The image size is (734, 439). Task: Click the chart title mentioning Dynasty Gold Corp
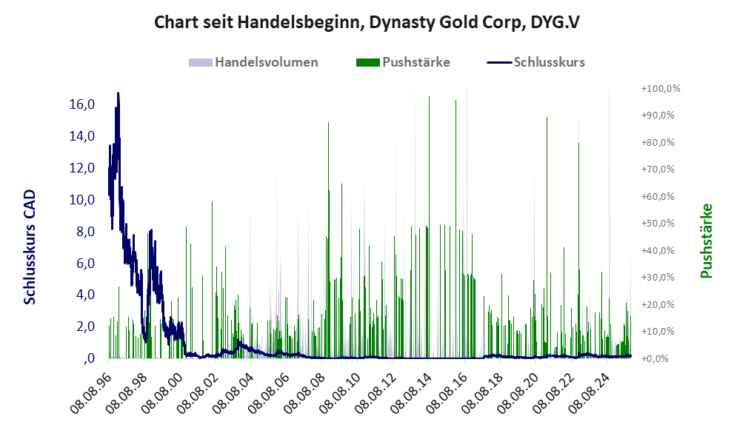(367, 22)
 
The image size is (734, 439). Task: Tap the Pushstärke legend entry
(416, 62)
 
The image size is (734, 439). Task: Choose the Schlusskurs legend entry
(548, 62)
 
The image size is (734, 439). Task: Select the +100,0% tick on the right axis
(660, 89)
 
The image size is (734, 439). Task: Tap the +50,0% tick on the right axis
(660, 224)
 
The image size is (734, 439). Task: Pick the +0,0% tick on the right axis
(660, 359)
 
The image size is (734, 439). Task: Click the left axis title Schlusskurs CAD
(30, 247)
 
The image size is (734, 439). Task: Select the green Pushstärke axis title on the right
(706, 241)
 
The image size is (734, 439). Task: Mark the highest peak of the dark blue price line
(118, 94)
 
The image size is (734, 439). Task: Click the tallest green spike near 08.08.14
(429, 98)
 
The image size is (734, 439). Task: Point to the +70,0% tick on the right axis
(660, 170)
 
